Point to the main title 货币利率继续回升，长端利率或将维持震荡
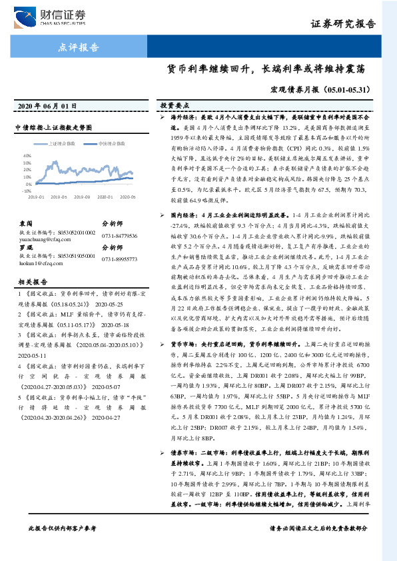pyautogui.click(x=274, y=69)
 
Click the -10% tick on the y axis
pyautogui.click(x=27, y=190)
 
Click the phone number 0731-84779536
pyautogui.click(x=120, y=236)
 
